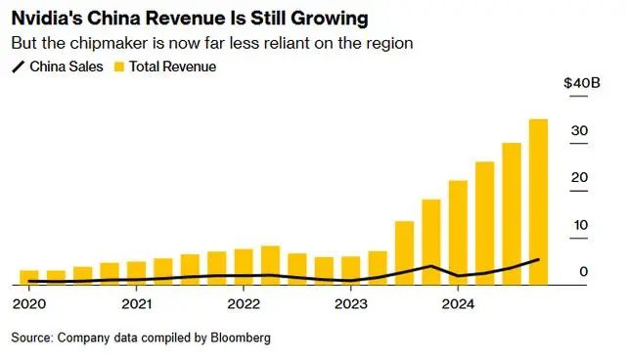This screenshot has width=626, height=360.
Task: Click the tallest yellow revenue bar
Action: pyautogui.click(x=538, y=202)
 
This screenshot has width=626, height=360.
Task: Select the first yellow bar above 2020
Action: pyautogui.click(x=29, y=278)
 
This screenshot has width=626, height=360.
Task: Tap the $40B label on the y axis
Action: pyautogui.click(x=582, y=83)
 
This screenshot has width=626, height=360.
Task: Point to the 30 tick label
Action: pyautogui.click(x=579, y=130)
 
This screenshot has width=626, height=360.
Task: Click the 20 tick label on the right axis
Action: pyautogui.click(x=579, y=178)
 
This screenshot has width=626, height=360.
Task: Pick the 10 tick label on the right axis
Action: pyautogui.click(x=581, y=225)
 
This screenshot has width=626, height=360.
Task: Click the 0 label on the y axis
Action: pyautogui.click(x=584, y=272)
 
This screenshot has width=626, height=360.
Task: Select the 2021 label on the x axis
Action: pyautogui.click(x=137, y=304)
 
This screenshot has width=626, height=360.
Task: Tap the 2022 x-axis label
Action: pyautogui.click(x=244, y=304)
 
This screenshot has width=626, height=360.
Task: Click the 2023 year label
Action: pyautogui.click(x=351, y=304)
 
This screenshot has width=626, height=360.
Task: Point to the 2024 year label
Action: pyautogui.click(x=458, y=304)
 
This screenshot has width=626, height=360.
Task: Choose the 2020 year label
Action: pyautogui.click(x=29, y=304)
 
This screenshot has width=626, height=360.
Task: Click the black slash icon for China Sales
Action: pyautogui.click(x=19, y=67)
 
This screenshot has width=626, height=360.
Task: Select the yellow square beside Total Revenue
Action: pyautogui.click(x=119, y=67)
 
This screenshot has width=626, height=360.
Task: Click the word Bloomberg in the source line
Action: pyautogui.click(x=241, y=337)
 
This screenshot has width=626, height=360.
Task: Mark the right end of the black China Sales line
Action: pyautogui.click(x=539, y=259)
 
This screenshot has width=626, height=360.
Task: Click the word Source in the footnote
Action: pyautogui.click(x=31, y=337)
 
